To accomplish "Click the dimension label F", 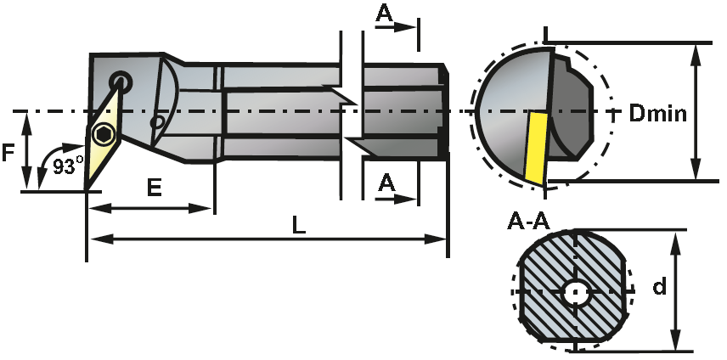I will (x=9, y=153).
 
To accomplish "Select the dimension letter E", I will (x=153, y=188).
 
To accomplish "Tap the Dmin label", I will (x=657, y=113).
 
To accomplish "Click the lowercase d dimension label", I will (x=659, y=287).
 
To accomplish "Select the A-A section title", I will (x=528, y=222).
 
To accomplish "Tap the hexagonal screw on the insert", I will (x=104, y=134).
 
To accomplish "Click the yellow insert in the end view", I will (x=535, y=145).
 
